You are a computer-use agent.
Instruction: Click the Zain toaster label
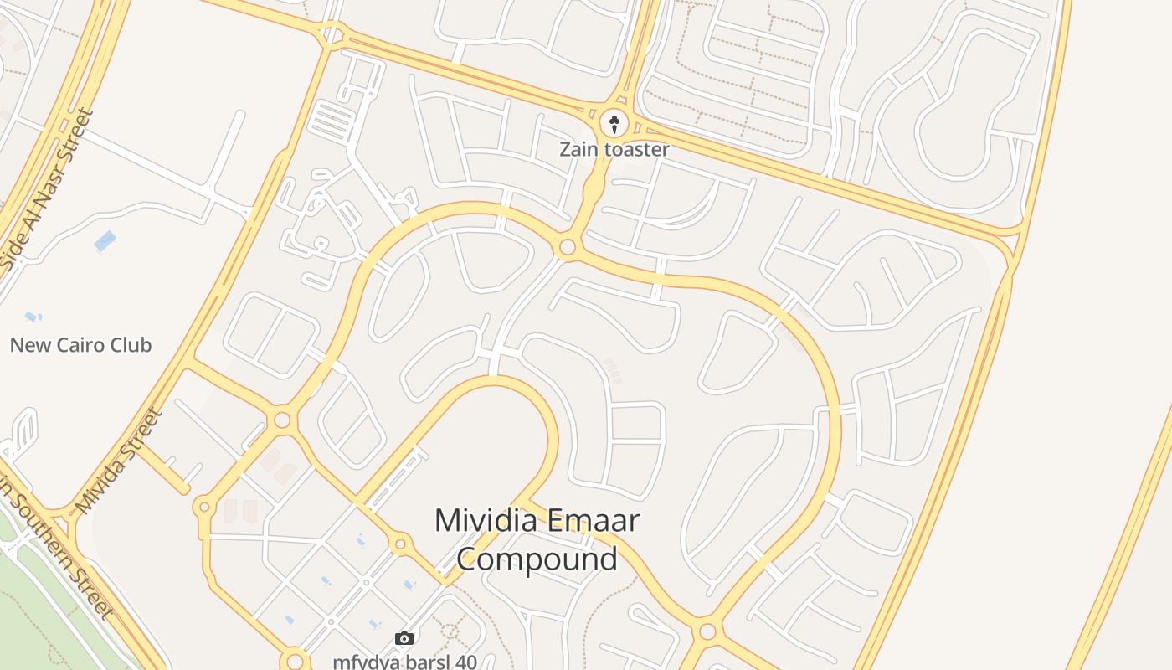coord(614,150)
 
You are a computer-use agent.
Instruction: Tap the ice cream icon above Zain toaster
coord(615,125)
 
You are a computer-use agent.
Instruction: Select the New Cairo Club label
coord(80,345)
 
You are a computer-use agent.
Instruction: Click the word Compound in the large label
coord(537,559)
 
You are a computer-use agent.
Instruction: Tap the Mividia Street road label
coord(118,461)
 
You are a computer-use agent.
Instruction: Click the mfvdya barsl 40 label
coord(404,662)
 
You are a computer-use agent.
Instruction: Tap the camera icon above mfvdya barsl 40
coord(404,639)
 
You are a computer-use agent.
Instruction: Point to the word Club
coord(128,345)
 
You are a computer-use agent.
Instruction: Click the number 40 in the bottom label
coord(465,662)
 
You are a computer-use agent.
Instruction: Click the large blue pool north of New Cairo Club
coord(105,241)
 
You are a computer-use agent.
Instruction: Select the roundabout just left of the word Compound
coord(400,544)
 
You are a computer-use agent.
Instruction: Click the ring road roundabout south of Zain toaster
coord(568,247)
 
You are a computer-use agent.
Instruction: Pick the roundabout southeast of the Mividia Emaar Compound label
coord(707,630)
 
